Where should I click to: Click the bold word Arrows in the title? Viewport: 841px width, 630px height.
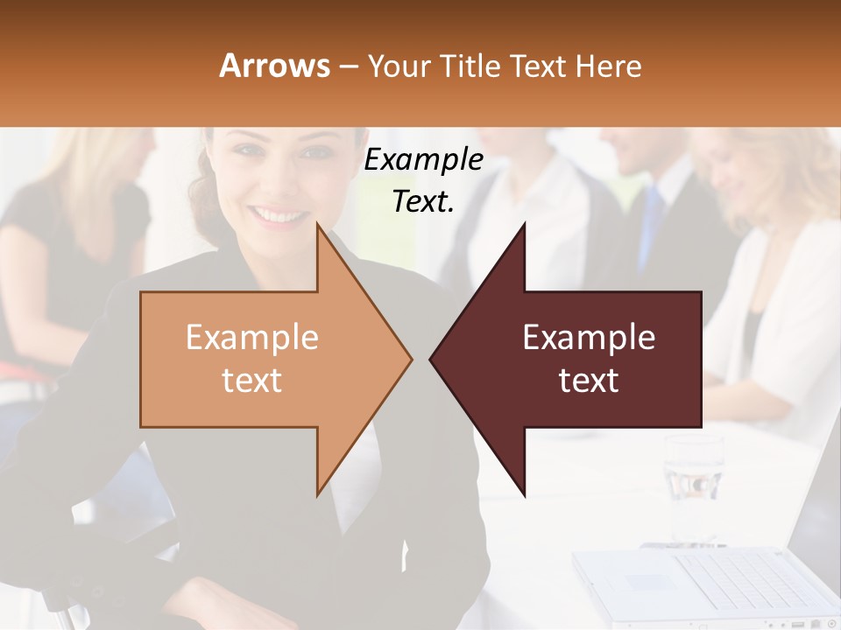point(274,66)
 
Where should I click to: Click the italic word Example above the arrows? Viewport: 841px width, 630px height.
point(423,159)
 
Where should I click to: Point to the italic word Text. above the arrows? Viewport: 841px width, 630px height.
point(423,201)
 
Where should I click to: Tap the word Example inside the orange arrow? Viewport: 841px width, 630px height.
point(252,338)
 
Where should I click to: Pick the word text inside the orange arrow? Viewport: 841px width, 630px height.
point(252,381)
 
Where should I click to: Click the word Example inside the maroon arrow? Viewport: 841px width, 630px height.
point(589,338)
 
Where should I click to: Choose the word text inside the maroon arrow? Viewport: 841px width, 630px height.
point(589,381)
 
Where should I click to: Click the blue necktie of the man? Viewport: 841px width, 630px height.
point(651,223)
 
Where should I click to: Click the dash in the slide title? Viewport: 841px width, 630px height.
point(348,66)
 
